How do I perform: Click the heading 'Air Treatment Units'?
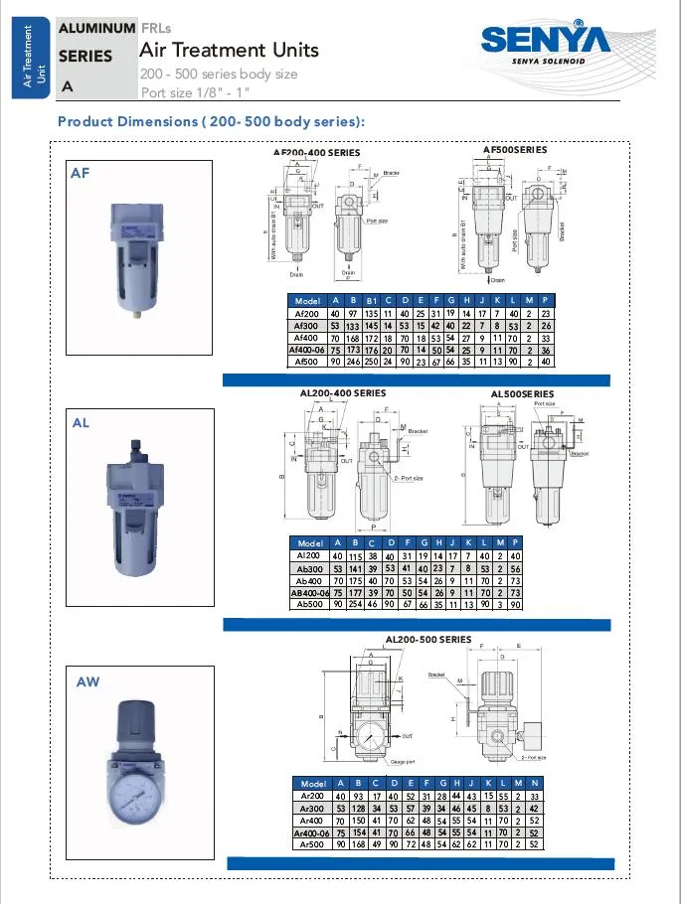click(x=229, y=50)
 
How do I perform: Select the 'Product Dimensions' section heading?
click(x=211, y=121)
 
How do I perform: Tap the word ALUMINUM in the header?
click(x=96, y=29)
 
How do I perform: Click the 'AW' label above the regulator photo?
click(x=88, y=682)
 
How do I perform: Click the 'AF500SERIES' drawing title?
click(x=514, y=150)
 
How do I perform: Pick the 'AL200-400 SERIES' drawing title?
click(x=343, y=393)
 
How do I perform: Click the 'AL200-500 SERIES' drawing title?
click(x=427, y=639)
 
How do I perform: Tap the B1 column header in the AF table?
click(x=371, y=301)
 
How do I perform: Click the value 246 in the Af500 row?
click(x=353, y=362)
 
